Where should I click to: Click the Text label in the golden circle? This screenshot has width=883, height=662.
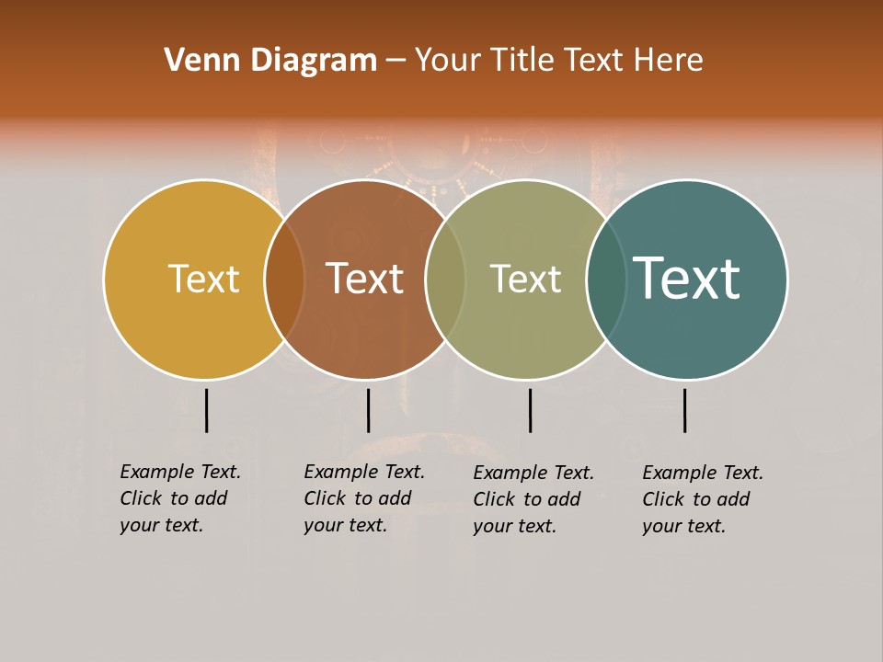203,279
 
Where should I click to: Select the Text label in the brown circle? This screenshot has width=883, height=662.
365,279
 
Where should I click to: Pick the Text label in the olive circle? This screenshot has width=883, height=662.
525,279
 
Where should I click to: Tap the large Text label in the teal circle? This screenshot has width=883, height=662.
686,279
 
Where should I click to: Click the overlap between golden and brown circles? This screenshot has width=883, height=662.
284,279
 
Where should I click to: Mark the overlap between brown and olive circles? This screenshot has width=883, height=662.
445,279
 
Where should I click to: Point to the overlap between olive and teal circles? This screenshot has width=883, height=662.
606,279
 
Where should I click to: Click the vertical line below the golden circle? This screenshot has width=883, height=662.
206,410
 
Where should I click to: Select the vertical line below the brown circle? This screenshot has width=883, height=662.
368,410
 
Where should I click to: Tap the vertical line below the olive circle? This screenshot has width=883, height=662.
530,410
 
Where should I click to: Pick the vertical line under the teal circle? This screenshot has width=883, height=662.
684,410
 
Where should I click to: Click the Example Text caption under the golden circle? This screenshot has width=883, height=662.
180,498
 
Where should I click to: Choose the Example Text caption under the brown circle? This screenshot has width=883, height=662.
364,498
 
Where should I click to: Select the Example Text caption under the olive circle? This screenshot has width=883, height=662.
533,499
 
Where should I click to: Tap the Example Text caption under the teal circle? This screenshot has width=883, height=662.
703,499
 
